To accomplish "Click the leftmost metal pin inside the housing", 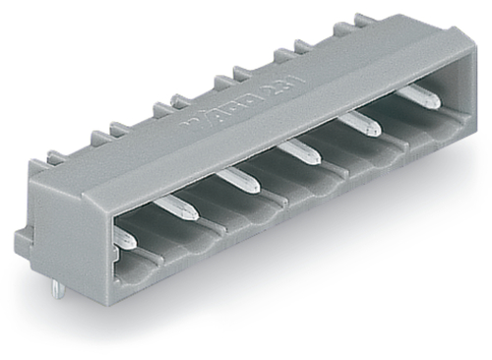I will click(x=123, y=237).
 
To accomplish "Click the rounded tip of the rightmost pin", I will click(x=434, y=101).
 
